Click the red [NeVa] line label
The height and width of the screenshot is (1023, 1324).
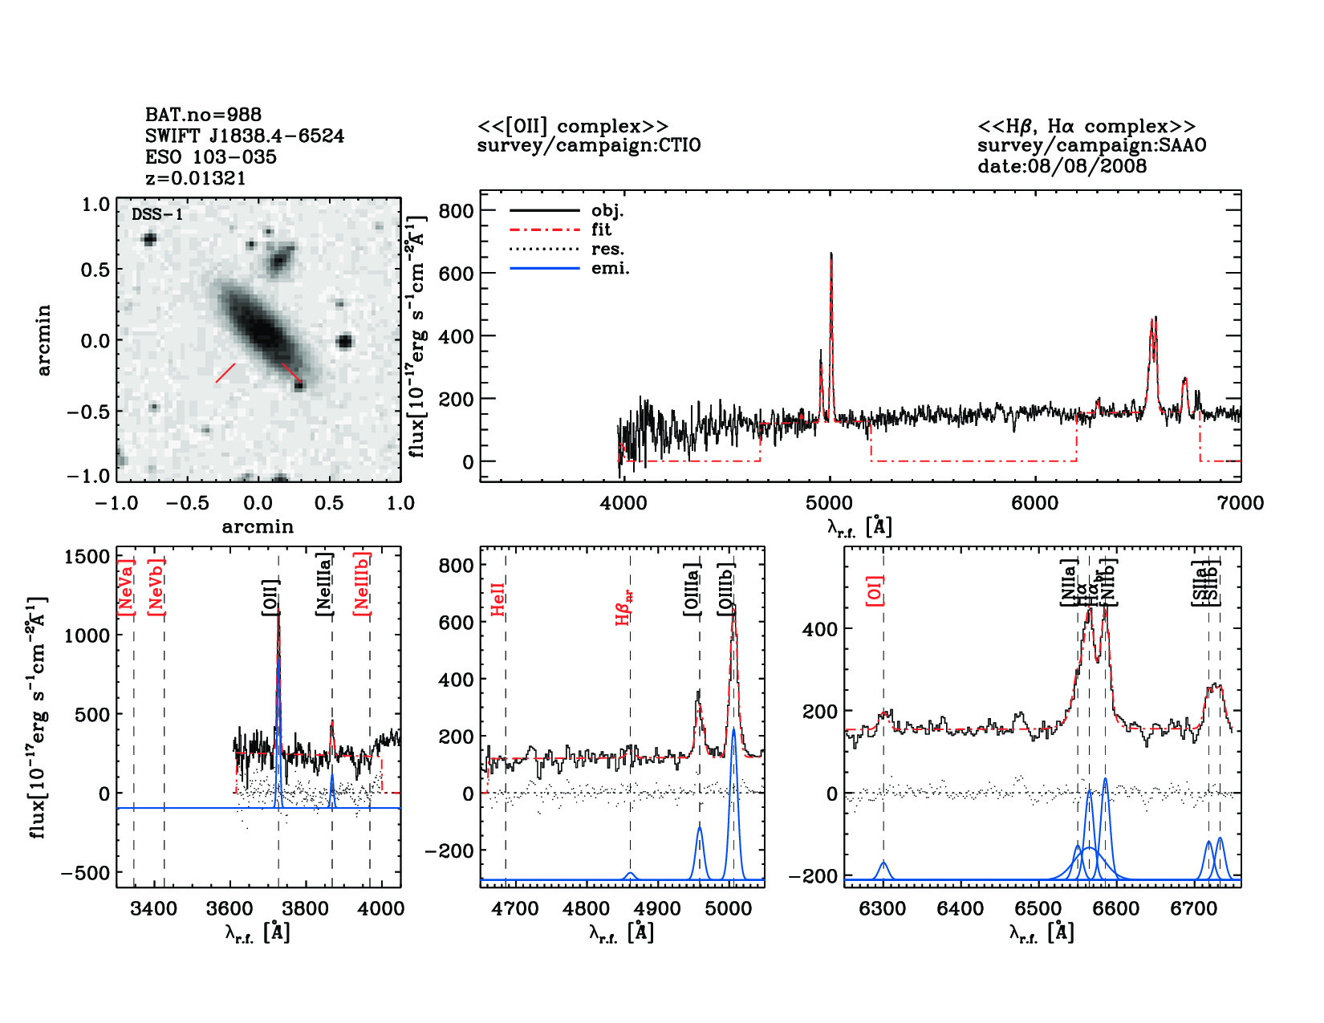tap(125, 587)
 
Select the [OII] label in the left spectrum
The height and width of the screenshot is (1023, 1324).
tap(270, 598)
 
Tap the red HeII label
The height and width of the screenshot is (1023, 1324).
tap(498, 599)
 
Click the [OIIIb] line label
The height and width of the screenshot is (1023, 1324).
tap(727, 589)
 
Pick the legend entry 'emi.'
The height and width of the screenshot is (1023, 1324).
tap(610, 269)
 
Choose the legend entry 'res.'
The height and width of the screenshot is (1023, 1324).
tap(607, 250)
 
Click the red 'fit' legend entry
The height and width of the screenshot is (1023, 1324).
tap(601, 229)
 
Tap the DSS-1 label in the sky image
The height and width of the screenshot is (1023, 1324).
tap(157, 214)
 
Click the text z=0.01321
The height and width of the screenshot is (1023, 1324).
tap(195, 178)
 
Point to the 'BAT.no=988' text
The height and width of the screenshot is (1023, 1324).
tap(203, 115)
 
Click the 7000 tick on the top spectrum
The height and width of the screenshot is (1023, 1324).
tap(1240, 503)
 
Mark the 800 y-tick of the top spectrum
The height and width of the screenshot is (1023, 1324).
tap(456, 211)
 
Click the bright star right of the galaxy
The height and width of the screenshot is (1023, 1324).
tap(344, 342)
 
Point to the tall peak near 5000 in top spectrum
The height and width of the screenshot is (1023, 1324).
tap(831, 255)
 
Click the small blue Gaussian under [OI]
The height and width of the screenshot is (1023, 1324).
tap(883, 868)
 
